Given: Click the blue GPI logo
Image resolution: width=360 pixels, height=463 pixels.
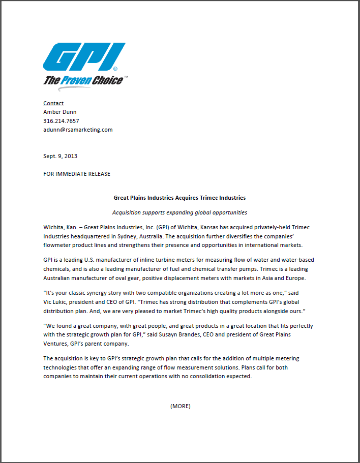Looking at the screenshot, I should point(84,57).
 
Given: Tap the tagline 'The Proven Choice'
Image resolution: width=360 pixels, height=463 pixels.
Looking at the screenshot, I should point(83,80).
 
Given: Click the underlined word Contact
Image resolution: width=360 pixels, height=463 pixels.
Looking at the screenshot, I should point(53,103).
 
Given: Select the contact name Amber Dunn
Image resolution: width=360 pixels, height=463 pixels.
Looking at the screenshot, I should point(59,112).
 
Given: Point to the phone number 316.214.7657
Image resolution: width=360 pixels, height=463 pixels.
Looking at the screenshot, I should point(61,121).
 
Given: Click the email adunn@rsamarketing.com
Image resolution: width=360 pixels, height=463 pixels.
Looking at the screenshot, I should point(78,130).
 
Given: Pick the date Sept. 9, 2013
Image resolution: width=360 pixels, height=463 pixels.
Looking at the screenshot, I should point(60,156).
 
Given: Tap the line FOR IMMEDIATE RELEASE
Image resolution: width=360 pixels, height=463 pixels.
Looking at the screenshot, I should point(76,174).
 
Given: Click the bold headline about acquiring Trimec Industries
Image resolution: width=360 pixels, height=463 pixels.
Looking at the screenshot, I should point(179,197).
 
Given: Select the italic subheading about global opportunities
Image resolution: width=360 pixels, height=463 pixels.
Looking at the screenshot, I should point(179,212).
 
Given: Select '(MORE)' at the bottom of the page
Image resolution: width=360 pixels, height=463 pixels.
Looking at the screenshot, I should point(180,406).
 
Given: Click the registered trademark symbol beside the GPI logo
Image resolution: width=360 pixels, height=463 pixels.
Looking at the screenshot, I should point(115,68).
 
